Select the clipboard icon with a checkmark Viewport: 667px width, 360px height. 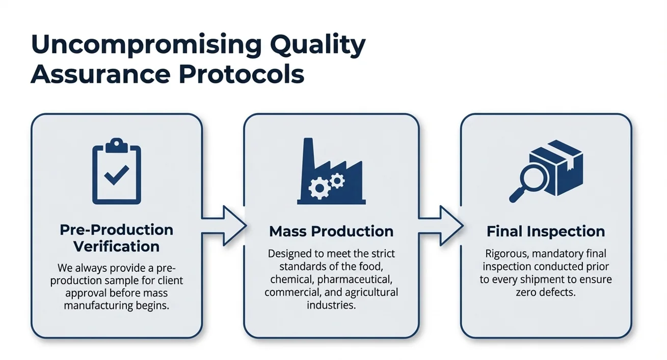coord(116,171)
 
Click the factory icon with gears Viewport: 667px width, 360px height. coord(331,174)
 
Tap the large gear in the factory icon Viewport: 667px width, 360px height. coord(319,189)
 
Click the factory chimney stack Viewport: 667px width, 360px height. coord(308,153)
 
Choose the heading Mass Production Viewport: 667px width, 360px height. coord(331,231)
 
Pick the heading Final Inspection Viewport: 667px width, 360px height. coord(546,231)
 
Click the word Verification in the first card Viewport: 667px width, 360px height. coord(116,246)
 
